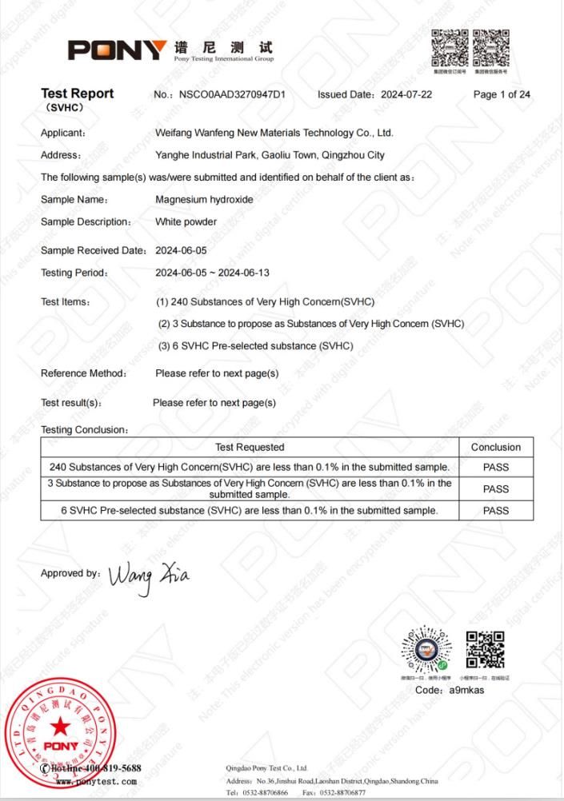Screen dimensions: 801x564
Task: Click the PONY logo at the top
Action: tap(118, 50)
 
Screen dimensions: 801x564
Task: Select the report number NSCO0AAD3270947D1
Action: tap(232, 94)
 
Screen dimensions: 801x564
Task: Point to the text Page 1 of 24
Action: tap(502, 94)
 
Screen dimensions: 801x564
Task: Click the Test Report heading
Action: tap(77, 94)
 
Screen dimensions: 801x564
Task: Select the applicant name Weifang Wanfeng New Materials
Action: tap(274, 133)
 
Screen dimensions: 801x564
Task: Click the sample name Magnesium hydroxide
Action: tap(204, 199)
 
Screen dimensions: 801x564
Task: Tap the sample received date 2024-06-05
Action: tap(181, 250)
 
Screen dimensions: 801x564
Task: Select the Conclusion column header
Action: tap(495, 447)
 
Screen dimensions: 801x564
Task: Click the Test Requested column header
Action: tap(250, 447)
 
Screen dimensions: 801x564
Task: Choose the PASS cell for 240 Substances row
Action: tap(495, 467)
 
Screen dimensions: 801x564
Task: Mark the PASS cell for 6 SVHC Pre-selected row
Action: tap(495, 510)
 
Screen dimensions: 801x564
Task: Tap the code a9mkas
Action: tap(466, 690)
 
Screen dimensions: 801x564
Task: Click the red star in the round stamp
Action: tap(61, 725)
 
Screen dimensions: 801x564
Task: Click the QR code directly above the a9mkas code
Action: tap(485, 650)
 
